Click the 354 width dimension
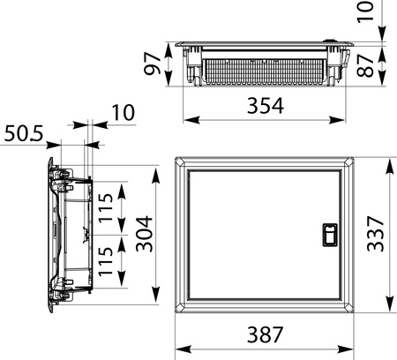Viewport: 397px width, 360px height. tap(266, 106)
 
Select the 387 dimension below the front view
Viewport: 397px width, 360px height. tap(266, 334)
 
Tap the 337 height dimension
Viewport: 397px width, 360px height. tap(376, 234)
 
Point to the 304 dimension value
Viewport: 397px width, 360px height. tap(145, 234)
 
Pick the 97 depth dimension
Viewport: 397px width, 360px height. tap(153, 64)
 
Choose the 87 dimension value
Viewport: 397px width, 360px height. tap(365, 65)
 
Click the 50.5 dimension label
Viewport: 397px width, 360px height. tap(24, 133)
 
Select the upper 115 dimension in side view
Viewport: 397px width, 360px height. tap(105, 207)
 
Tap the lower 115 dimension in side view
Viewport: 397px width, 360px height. tap(105, 261)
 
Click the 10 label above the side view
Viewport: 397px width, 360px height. tap(124, 113)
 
